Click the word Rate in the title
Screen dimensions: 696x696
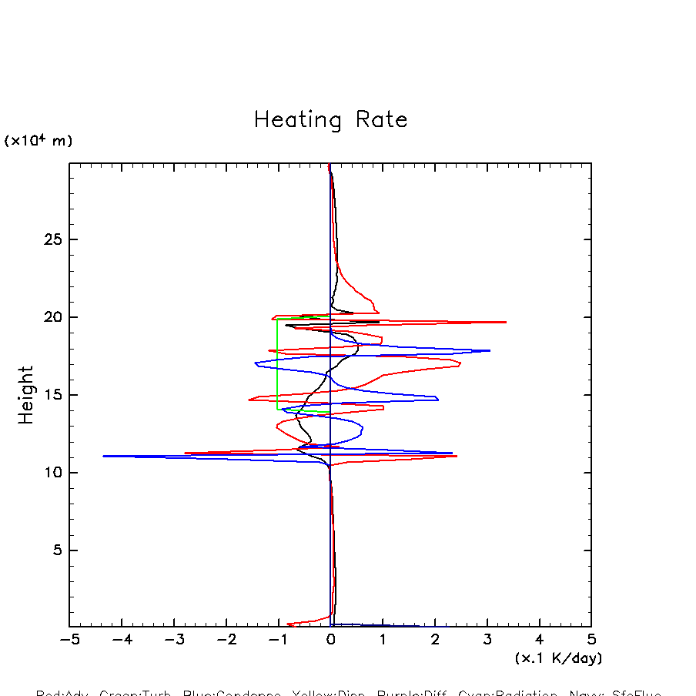point(381,120)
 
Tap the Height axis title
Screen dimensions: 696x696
point(26,395)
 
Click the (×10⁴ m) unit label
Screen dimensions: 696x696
point(38,141)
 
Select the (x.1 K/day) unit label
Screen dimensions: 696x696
point(558,658)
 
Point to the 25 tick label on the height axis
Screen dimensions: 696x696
point(52,239)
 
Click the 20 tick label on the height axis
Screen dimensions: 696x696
point(52,317)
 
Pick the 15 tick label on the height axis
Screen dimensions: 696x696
point(52,395)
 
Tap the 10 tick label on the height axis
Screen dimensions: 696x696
point(52,473)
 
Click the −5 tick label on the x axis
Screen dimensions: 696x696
point(69,641)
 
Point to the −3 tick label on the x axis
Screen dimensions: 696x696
point(173,641)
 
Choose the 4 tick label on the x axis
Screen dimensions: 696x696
point(539,641)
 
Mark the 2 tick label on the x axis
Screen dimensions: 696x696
point(435,641)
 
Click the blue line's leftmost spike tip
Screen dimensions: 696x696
point(103,456)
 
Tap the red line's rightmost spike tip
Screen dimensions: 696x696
point(506,322)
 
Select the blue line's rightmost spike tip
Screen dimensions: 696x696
point(490,350)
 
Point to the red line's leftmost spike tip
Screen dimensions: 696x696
point(185,453)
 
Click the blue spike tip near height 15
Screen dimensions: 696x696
point(438,399)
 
